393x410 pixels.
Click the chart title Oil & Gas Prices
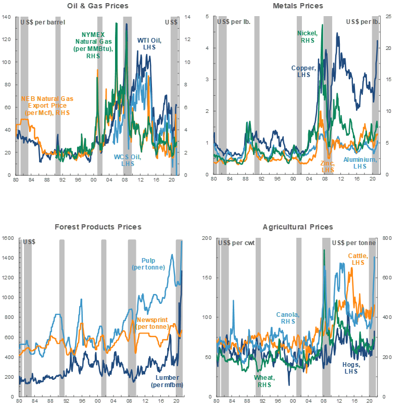(98, 6)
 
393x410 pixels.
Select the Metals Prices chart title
(298, 6)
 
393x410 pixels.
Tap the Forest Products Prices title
(98, 227)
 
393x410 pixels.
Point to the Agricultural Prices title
(298, 227)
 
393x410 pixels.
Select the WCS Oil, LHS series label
(124, 160)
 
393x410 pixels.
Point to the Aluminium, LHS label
(361, 163)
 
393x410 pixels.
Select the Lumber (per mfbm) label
(167, 381)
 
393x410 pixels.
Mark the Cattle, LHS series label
(359, 260)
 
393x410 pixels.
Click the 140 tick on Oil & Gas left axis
(7, 17)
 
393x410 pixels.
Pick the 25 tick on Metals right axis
(387, 17)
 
